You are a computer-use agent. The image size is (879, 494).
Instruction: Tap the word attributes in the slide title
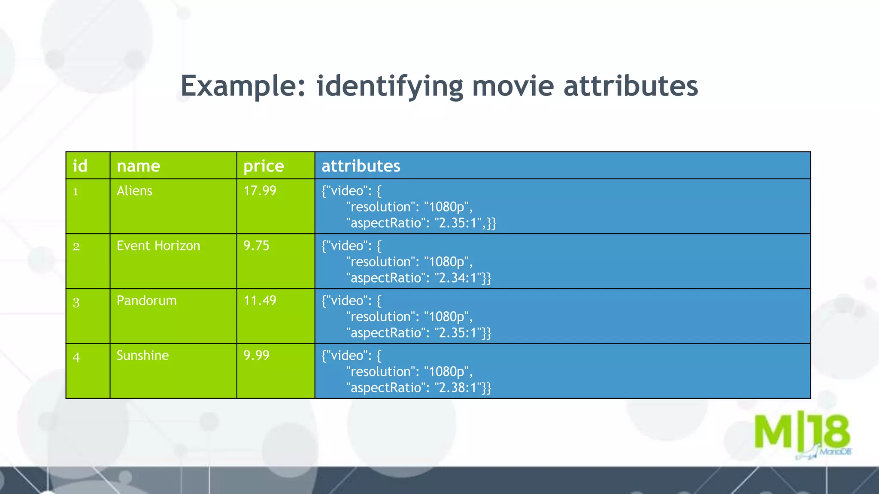coord(630,86)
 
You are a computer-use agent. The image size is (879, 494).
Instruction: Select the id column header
coord(80,166)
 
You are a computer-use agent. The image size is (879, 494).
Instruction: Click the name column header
coord(138,166)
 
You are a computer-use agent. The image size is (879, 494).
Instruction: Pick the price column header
coord(264,166)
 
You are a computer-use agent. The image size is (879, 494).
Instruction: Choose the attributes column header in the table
coord(361,166)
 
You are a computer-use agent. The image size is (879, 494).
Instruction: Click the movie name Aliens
coord(134,191)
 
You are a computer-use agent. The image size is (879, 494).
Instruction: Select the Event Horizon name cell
coord(158,246)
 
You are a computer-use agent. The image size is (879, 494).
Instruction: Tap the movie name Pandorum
coord(146,301)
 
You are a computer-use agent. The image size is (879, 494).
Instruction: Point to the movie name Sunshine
coord(142,355)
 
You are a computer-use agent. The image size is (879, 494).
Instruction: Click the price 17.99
coord(260,191)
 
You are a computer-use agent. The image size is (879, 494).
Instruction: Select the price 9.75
coord(256,246)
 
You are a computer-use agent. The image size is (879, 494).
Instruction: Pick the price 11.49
coord(260,301)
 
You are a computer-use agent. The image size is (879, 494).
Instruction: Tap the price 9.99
coord(256,355)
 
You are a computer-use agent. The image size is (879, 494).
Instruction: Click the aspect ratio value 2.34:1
coord(458,278)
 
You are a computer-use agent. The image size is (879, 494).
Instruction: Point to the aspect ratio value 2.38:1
coord(458,388)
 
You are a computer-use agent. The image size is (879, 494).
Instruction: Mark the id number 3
coord(76,302)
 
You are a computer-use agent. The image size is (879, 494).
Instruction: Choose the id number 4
coord(76,357)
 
